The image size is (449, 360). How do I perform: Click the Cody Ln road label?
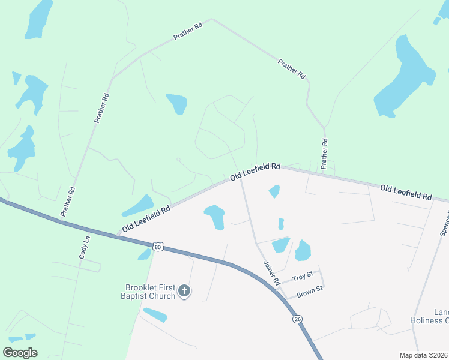(x=84, y=247)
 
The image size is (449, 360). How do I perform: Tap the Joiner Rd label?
(x=272, y=272)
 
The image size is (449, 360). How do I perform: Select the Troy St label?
(x=303, y=277)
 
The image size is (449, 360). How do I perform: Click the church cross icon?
(x=184, y=292)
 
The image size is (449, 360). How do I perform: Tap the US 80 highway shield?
(x=157, y=247)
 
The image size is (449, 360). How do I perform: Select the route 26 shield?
(x=298, y=320)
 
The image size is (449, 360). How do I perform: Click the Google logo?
(x=20, y=353)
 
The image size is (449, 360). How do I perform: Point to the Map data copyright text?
(x=423, y=355)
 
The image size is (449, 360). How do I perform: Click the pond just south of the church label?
(x=155, y=314)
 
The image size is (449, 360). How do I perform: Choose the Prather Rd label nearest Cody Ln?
(x=68, y=201)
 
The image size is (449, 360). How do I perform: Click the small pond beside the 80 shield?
(x=144, y=254)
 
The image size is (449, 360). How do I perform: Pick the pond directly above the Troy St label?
(x=303, y=250)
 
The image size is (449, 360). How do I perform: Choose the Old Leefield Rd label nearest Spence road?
(x=406, y=193)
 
